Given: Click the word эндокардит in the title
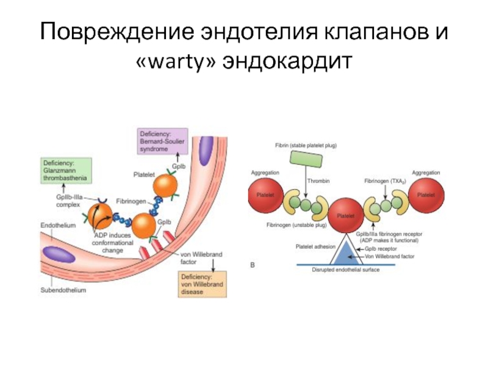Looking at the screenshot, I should (284, 61).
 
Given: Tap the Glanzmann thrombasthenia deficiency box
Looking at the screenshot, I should (66, 170).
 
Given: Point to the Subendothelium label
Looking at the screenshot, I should (63, 290).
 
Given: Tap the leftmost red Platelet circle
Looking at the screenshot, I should (265, 195).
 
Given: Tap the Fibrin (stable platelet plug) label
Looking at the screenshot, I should (306, 146).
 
